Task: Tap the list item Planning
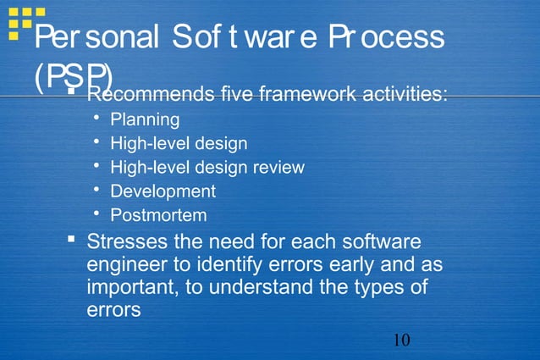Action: coord(151,119)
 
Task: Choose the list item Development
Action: coord(163,191)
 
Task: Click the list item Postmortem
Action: coord(158,215)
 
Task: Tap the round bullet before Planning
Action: coord(98,119)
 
